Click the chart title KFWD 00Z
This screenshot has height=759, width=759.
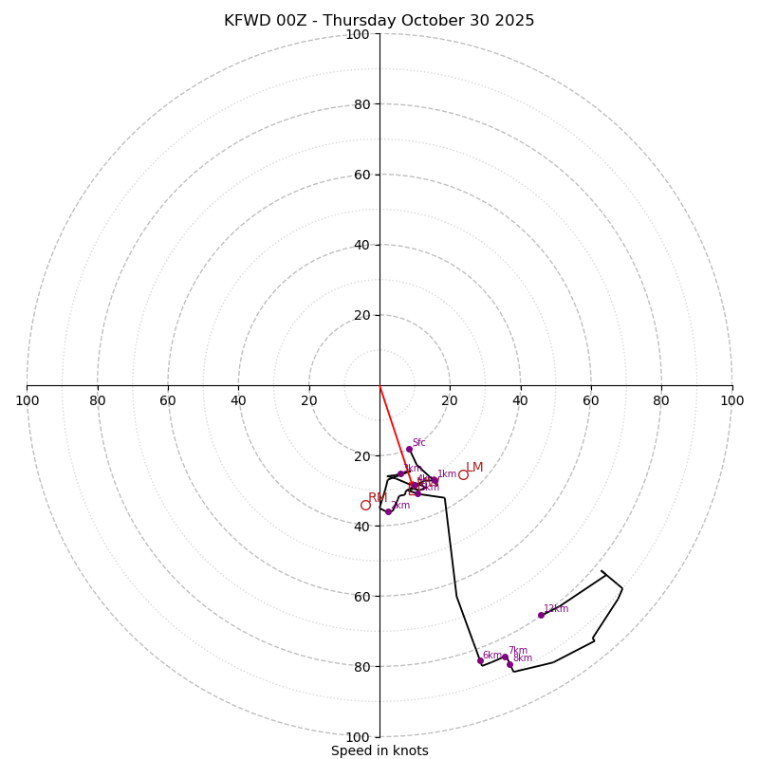tap(379, 21)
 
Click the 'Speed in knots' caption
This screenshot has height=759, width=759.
tap(379, 750)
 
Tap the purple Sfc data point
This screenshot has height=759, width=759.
tap(409, 450)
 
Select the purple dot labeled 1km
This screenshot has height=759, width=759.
tap(435, 480)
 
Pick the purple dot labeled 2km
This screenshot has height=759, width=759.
tap(388, 511)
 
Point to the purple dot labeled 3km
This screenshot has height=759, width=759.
tap(400, 473)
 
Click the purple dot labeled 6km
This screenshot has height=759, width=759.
tap(480, 660)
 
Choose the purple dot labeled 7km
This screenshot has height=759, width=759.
tap(505, 657)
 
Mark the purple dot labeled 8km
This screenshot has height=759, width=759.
tap(509, 664)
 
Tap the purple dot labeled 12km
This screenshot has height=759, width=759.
tap(541, 615)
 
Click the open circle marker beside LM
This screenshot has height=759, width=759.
tap(463, 474)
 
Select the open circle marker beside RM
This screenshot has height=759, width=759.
tap(365, 505)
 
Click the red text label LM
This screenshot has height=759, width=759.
tap(474, 467)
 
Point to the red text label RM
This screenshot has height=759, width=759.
tap(378, 498)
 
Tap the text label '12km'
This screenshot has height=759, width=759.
tap(556, 609)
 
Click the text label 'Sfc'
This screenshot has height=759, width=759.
tap(418, 442)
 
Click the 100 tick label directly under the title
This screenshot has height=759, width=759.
tap(357, 34)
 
